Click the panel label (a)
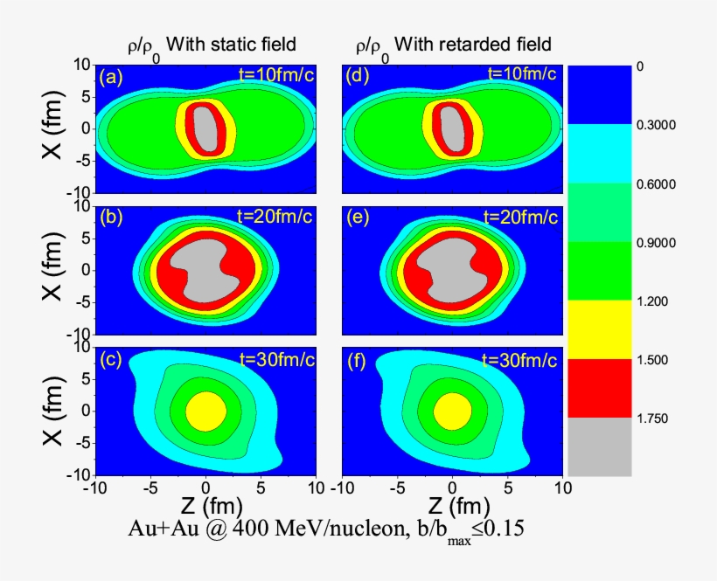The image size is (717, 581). pyautogui.click(x=111, y=77)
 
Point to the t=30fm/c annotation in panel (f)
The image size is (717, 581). pyautogui.click(x=521, y=357)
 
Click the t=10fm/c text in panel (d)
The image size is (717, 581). pyautogui.click(x=521, y=73)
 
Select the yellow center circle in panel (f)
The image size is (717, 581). pyautogui.click(x=452, y=410)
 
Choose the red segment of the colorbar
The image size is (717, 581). pyautogui.click(x=600, y=388)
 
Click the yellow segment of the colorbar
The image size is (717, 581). pyautogui.click(x=600, y=329)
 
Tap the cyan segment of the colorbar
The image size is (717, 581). pyautogui.click(x=600, y=153)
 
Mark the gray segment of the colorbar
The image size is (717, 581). pyautogui.click(x=600, y=446)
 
